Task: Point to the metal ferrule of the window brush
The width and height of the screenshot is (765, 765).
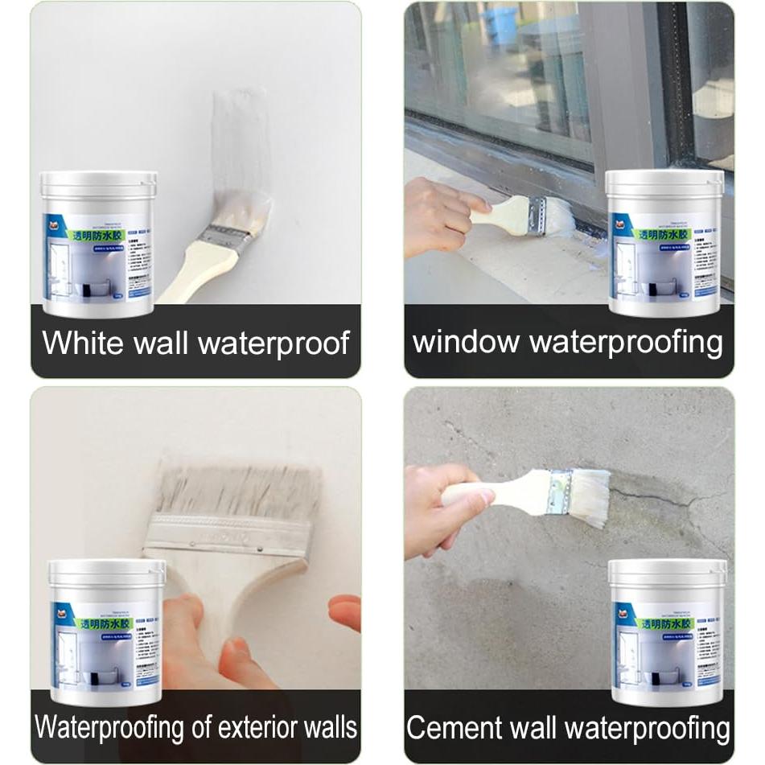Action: (537, 215)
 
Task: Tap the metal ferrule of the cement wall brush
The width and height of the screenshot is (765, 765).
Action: (561, 491)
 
